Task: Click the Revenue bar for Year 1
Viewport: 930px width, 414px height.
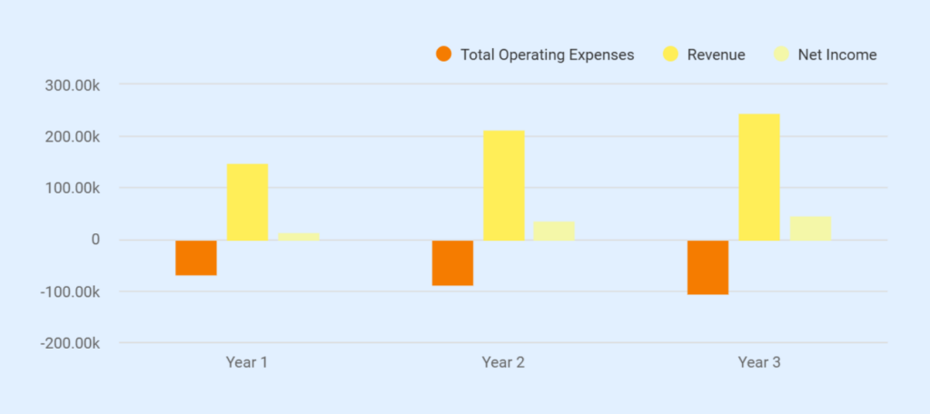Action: point(247,202)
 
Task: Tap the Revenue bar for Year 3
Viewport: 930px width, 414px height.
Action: point(759,177)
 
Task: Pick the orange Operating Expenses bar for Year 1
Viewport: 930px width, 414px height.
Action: point(196,258)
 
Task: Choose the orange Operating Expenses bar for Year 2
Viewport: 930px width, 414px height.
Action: point(452,263)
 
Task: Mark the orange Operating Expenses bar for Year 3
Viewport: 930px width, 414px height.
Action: point(708,268)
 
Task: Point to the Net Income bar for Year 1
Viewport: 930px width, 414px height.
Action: point(299,236)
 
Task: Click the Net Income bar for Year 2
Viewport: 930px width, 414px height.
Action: point(554,231)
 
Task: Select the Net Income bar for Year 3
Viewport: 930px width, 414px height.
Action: point(810,228)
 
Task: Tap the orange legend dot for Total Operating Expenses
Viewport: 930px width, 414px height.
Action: point(443,54)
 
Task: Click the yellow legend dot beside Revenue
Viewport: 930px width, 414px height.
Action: point(671,54)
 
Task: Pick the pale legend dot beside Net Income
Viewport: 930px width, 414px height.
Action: point(782,54)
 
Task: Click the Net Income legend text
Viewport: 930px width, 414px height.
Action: point(837,54)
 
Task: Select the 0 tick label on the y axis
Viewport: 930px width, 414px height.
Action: point(94,240)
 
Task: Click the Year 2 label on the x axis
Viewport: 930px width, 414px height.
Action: point(503,362)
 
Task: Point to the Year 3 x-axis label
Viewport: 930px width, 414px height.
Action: point(759,362)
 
